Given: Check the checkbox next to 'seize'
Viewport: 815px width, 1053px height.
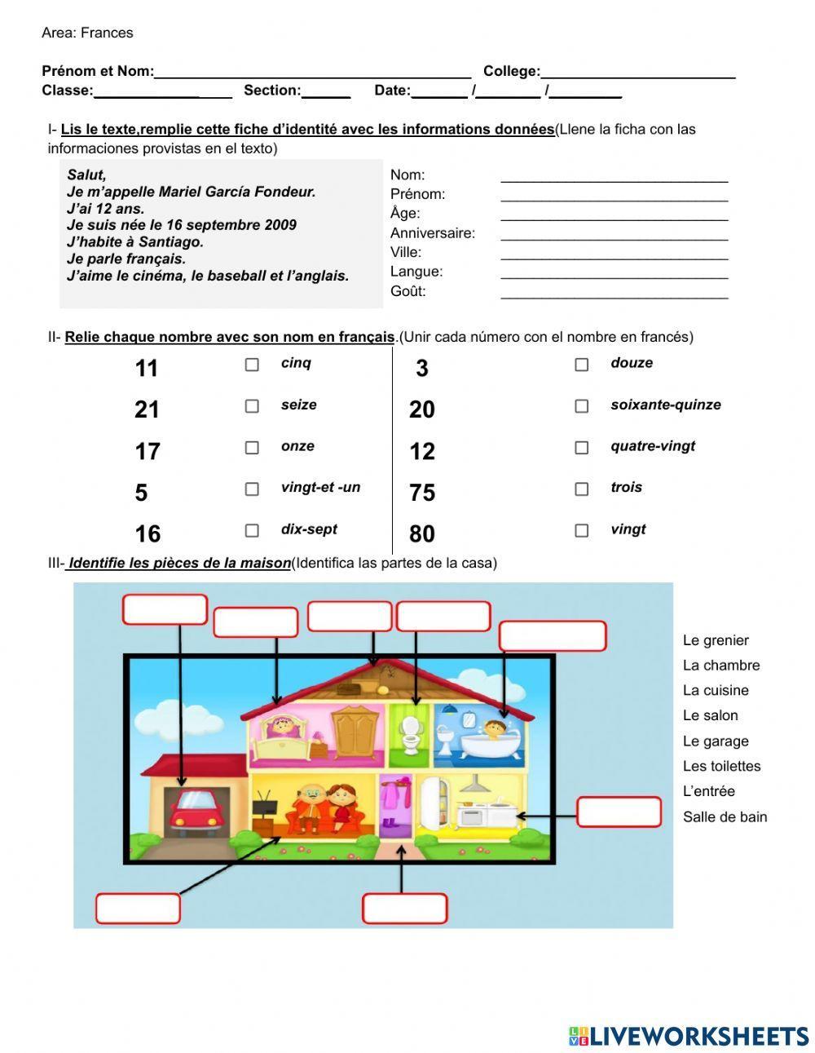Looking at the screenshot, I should click(252, 406).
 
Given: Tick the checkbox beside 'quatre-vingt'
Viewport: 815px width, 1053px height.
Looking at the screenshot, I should click(581, 448).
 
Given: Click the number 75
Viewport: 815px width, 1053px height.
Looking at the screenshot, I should click(422, 493).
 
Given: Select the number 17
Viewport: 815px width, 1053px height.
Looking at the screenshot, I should click(148, 451).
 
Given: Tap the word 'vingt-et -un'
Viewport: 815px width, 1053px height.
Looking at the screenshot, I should click(320, 488).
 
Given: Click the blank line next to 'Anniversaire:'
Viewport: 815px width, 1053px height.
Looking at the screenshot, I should click(614, 234).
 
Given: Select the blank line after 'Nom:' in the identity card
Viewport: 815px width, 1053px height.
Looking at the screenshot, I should click(614, 176).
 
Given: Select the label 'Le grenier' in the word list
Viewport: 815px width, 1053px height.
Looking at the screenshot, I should click(716, 640).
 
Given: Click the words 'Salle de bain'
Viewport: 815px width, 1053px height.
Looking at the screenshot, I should click(725, 816).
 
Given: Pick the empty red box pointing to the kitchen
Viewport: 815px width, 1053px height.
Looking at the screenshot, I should click(619, 812).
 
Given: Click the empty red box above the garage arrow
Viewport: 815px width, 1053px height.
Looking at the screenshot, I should click(165, 609).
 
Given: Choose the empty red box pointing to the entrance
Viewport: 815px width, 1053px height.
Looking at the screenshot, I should click(404, 909).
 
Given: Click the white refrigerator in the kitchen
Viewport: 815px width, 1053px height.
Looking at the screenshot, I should click(433, 802).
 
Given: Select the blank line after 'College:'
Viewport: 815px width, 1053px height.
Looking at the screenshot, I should click(637, 73).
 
